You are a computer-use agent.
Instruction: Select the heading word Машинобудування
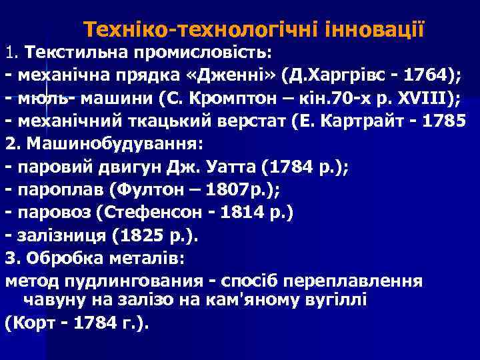point(105,145)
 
